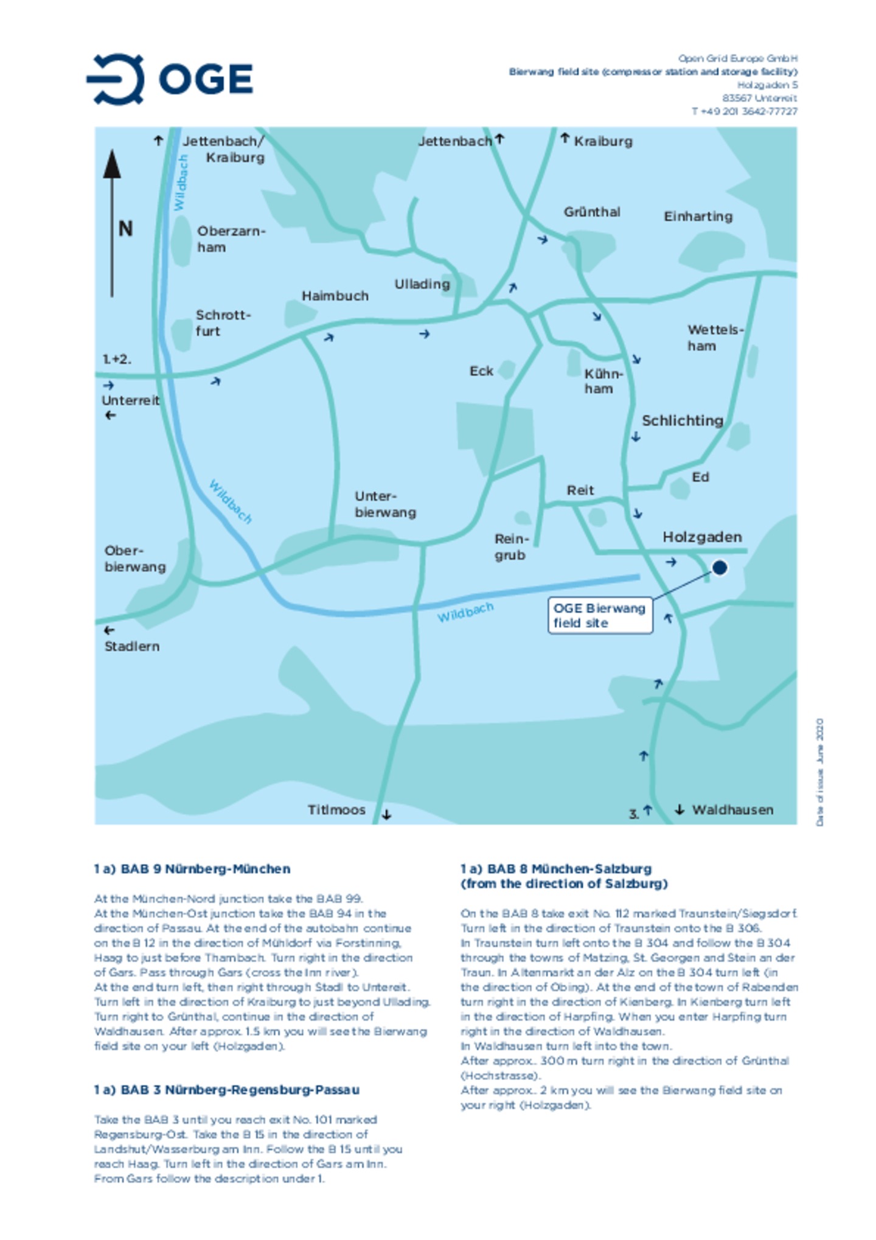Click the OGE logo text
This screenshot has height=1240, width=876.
(206, 79)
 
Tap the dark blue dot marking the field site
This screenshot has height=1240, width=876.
(719, 567)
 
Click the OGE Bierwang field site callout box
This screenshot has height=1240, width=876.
(599, 615)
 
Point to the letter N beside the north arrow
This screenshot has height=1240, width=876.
(125, 229)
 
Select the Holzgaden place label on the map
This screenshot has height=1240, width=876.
(701, 537)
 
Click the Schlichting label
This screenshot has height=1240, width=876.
(682, 420)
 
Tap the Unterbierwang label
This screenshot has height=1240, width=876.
(384, 504)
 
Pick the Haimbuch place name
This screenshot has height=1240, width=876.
(335, 296)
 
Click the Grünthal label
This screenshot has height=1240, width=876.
(591, 212)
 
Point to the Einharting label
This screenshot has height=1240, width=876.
(698, 216)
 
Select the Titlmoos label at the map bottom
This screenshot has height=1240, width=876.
(336, 810)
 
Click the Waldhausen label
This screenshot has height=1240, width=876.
(732, 810)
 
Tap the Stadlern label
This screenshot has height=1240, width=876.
(131, 646)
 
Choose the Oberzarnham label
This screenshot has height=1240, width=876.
(230, 239)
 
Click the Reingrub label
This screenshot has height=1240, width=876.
(511, 547)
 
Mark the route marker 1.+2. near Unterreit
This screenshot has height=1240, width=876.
(116, 359)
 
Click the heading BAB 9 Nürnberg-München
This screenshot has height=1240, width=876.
(192, 869)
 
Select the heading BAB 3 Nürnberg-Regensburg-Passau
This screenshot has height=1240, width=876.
(226, 1090)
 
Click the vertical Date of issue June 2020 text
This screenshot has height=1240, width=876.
(819, 772)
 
